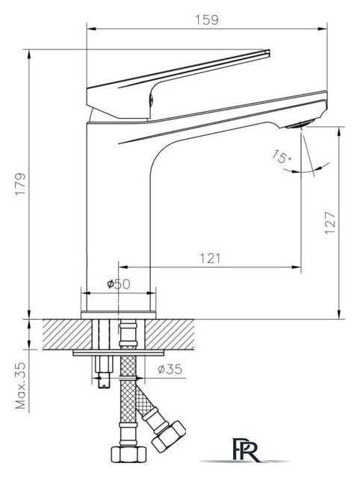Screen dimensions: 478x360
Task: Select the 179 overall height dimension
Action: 20,184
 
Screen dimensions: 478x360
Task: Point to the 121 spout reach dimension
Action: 210,258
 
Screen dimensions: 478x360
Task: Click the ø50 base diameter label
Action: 119,285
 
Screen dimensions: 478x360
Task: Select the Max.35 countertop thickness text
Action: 20,387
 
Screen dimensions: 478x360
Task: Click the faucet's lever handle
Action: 172,82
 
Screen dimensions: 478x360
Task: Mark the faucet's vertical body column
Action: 120,209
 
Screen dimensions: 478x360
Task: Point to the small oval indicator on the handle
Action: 155,93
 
